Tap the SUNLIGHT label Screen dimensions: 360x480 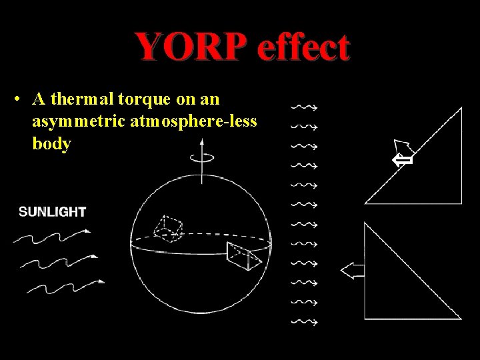pos(52,212)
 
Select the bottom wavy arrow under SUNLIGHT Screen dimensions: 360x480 pos(65,285)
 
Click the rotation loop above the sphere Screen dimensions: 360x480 pos(199,158)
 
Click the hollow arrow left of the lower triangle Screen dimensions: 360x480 pos(352,270)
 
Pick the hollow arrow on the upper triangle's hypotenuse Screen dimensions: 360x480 pos(402,155)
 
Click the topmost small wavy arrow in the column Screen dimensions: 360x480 pos(304,106)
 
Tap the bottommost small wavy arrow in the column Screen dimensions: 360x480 pos(304,322)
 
